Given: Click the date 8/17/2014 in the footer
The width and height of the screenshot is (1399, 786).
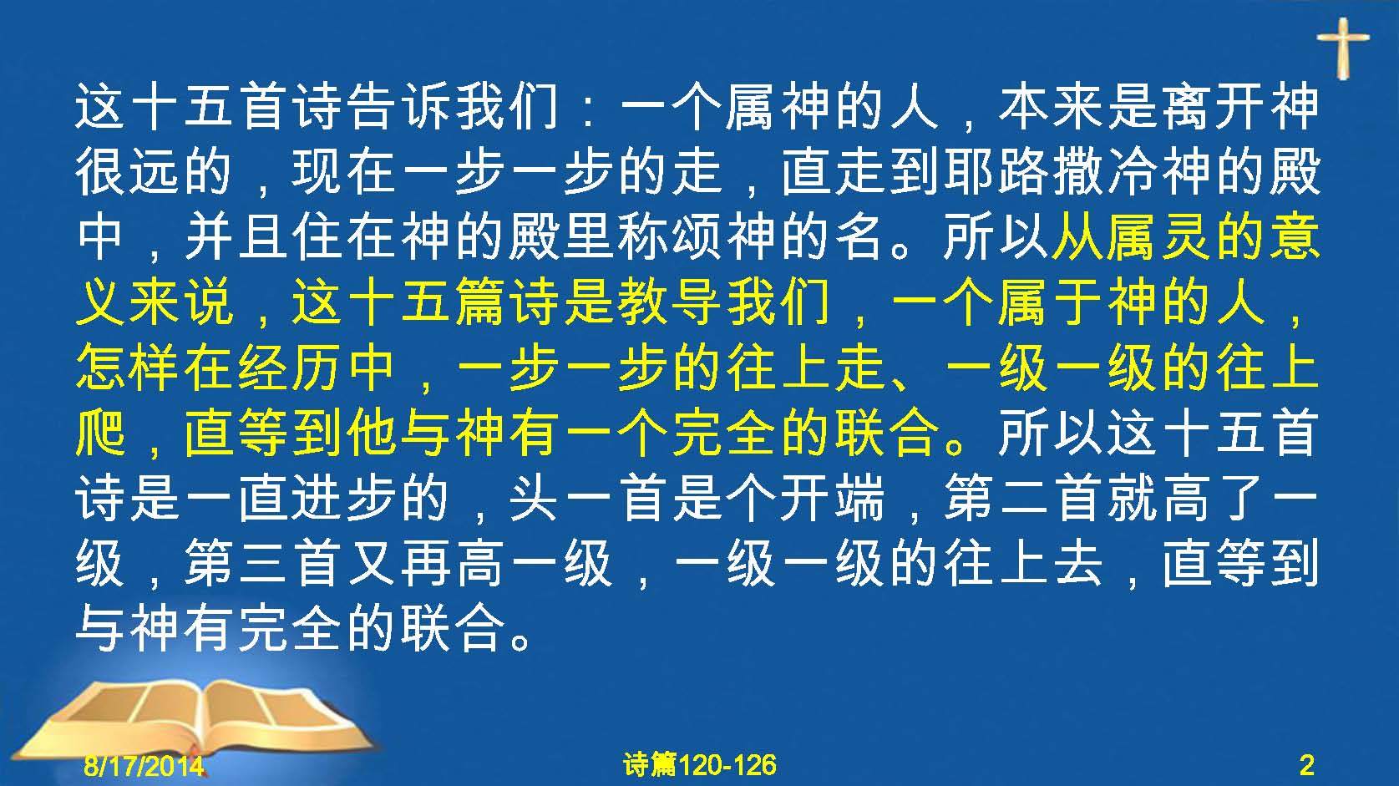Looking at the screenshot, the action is click(x=144, y=765).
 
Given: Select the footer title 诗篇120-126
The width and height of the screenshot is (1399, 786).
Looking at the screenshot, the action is click(x=700, y=765).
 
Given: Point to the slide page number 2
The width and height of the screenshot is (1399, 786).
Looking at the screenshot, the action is click(x=1306, y=765).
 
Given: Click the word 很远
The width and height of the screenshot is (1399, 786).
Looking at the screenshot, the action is click(x=127, y=172).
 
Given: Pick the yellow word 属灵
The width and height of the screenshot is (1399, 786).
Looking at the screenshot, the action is click(x=1159, y=237).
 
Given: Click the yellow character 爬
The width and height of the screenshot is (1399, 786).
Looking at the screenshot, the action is click(x=100, y=434).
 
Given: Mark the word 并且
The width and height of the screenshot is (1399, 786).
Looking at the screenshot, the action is click(x=236, y=237).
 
